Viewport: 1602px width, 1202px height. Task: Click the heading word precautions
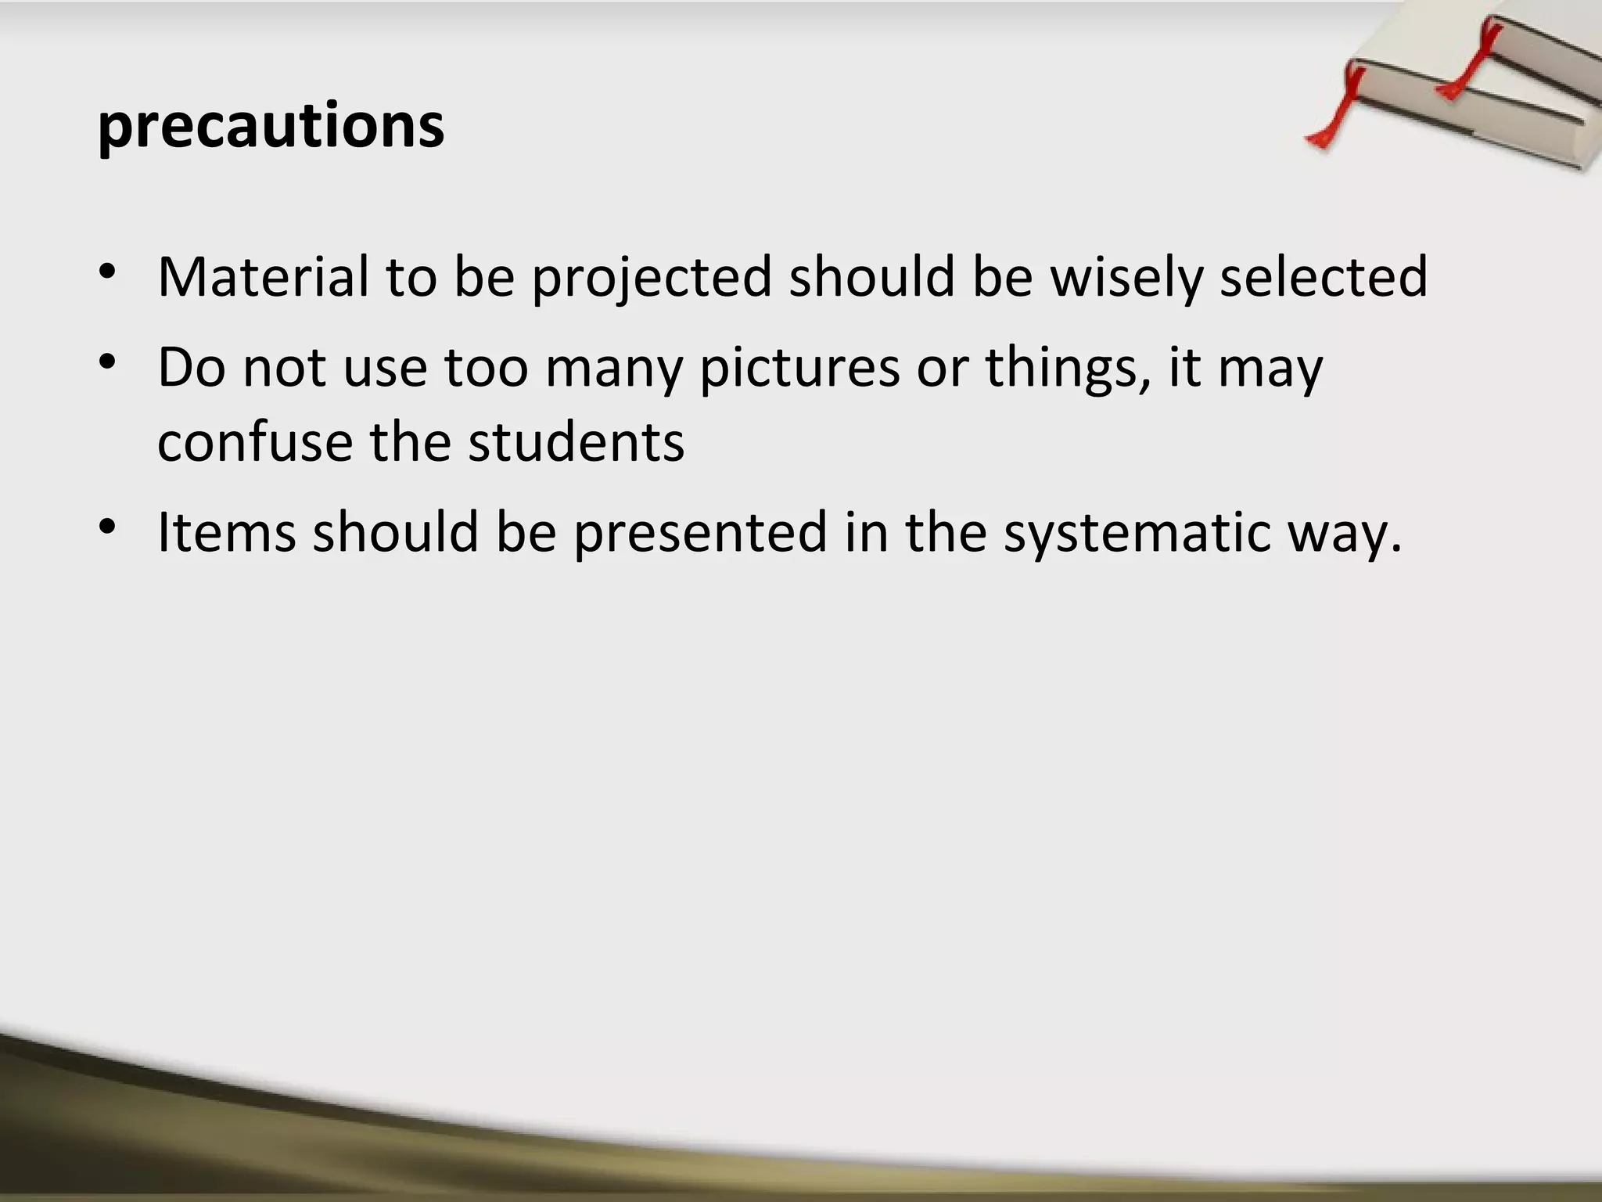point(271,127)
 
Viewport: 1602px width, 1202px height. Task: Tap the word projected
point(652,278)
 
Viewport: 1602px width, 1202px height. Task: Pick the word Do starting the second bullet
point(191,367)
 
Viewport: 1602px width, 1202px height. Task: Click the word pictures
point(799,368)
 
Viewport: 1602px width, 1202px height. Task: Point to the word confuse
point(255,442)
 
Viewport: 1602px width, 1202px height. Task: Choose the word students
point(576,442)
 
